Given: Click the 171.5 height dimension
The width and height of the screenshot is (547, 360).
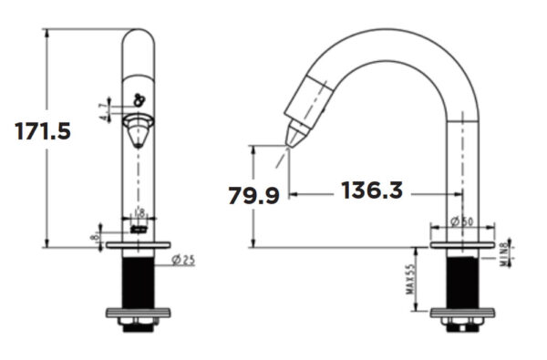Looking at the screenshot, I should [x=42, y=130].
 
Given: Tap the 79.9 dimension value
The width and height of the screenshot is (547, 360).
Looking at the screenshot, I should [x=253, y=195].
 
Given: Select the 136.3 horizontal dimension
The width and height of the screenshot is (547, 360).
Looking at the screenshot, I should [x=372, y=191].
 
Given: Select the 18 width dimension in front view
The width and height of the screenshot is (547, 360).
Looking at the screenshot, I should [x=139, y=213].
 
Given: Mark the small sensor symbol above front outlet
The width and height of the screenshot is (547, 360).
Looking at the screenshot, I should [x=139, y=101].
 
